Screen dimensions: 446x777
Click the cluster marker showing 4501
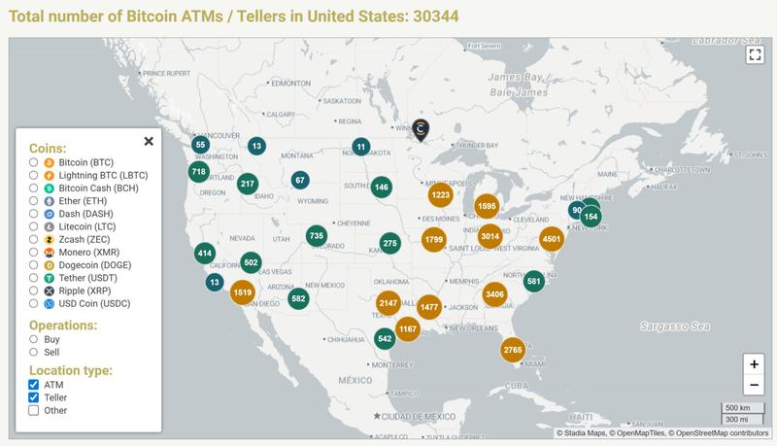click(x=552, y=239)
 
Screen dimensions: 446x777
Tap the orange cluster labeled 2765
click(x=514, y=350)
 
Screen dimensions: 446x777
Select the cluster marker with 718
click(x=199, y=172)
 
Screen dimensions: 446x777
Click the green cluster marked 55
click(x=200, y=145)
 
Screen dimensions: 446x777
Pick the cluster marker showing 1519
click(x=243, y=292)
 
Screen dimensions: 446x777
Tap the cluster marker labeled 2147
click(x=388, y=304)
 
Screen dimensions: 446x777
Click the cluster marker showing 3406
click(x=494, y=294)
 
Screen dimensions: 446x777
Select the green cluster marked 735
click(x=316, y=236)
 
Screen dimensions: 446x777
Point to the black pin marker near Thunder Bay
click(x=421, y=129)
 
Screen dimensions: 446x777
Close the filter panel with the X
click(x=149, y=141)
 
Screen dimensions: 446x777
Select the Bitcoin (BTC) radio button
click(x=34, y=162)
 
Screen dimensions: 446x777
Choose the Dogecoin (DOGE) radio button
click(x=34, y=264)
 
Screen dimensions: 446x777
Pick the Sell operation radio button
click(x=34, y=354)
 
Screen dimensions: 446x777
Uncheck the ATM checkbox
click(x=34, y=384)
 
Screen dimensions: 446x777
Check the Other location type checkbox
click(x=34, y=410)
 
